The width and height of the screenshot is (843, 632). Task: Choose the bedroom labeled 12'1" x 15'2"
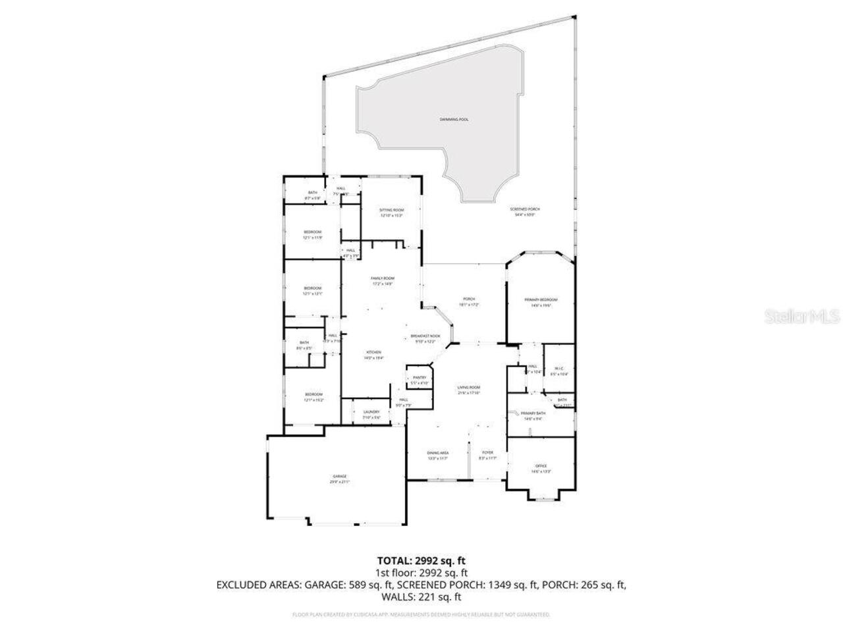(x=313, y=396)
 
